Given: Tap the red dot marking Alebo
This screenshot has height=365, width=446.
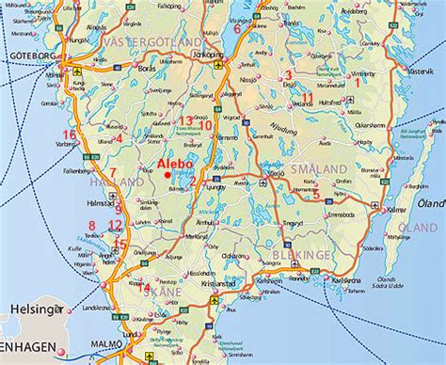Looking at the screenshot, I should coord(167,173).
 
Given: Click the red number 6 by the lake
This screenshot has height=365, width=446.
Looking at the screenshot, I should coord(249,27).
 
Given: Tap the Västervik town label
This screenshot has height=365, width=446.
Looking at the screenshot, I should coord(417,70).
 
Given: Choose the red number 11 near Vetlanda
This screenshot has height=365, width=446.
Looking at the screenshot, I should coord(308,97).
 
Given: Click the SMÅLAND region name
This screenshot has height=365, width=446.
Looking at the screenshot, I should coord(318,167).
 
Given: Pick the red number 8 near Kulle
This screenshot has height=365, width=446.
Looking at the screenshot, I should coord(91,224).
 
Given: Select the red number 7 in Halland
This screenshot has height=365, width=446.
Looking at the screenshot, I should coord(112,172).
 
